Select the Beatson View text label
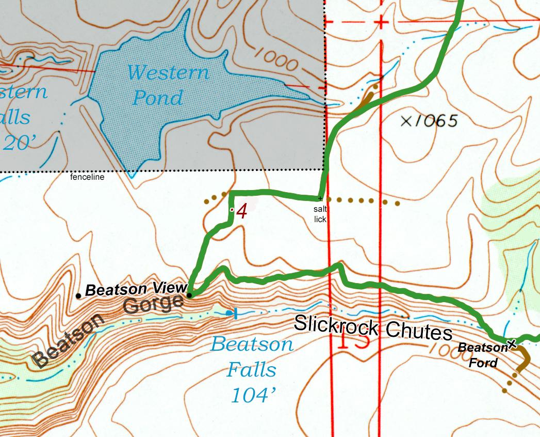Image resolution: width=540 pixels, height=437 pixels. click(x=135, y=289)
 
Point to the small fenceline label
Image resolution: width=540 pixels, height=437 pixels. click(x=87, y=177)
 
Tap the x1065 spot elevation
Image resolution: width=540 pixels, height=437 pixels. click(x=429, y=121)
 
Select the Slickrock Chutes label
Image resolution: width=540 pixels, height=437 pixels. click(x=373, y=327)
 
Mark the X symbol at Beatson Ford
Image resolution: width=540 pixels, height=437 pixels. click(x=512, y=344)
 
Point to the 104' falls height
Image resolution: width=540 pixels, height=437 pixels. click(x=253, y=396)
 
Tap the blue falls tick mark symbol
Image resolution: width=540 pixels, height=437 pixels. click(x=235, y=313)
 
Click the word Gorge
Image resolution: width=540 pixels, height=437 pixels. click(x=153, y=304)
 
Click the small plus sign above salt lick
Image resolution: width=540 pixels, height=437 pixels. click(x=320, y=198)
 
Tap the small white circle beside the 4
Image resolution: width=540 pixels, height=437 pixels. click(x=232, y=209)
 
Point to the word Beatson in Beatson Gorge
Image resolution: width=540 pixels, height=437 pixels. click(x=68, y=341)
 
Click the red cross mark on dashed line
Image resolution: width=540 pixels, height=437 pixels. click(x=381, y=22)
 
